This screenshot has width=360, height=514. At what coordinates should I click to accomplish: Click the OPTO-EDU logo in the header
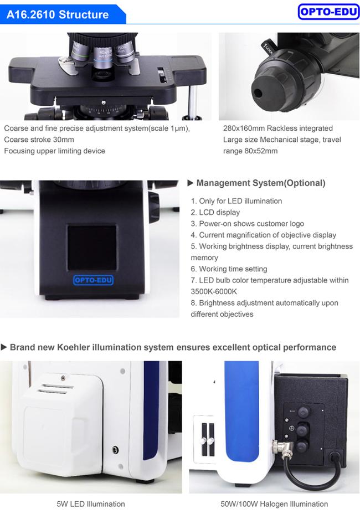click(x=328, y=12)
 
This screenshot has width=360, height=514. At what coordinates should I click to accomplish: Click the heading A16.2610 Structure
click(x=58, y=14)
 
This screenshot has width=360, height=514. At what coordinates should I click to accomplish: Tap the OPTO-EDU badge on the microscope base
click(x=94, y=280)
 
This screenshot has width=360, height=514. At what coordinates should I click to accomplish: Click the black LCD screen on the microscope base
click(x=92, y=248)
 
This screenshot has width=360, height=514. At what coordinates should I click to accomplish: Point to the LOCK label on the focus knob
click(x=267, y=48)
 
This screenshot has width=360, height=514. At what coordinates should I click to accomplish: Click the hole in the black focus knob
click(x=258, y=94)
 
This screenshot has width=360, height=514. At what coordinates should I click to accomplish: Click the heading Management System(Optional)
click(x=261, y=183)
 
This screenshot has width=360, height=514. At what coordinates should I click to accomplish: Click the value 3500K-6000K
click(x=214, y=291)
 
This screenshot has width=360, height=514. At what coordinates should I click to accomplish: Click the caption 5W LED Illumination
click(x=91, y=504)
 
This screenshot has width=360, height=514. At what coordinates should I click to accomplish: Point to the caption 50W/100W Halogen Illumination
click(x=274, y=504)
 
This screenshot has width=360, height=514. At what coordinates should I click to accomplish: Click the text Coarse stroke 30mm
click(x=39, y=140)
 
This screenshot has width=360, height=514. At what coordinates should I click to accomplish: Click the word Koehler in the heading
click(x=74, y=347)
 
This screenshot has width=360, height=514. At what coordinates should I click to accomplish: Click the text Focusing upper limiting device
click(x=54, y=151)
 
